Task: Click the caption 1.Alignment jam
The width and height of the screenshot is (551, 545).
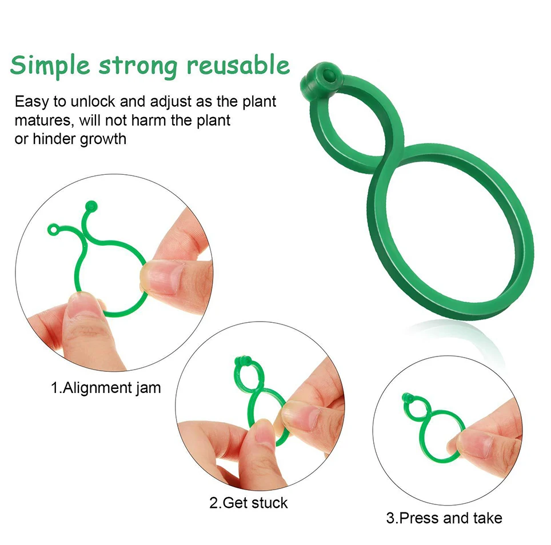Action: (106, 388)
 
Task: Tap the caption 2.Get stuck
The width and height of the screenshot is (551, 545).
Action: (248, 503)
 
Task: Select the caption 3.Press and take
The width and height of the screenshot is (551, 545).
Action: (444, 518)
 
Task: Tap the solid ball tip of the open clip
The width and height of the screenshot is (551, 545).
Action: (90, 205)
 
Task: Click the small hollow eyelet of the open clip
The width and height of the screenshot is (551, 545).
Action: (53, 230)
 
